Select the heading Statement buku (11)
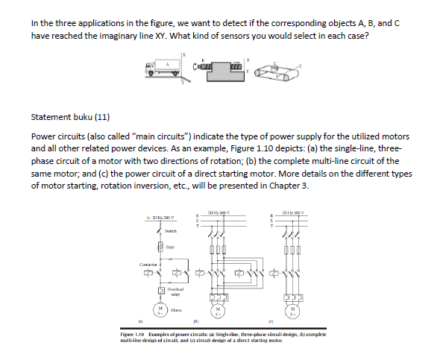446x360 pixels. (x=69, y=117)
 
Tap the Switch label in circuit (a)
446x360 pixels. (x=172, y=230)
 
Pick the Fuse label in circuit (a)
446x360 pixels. (x=171, y=246)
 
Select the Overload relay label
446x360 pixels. (x=175, y=291)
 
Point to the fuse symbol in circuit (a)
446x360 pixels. (x=159, y=246)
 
